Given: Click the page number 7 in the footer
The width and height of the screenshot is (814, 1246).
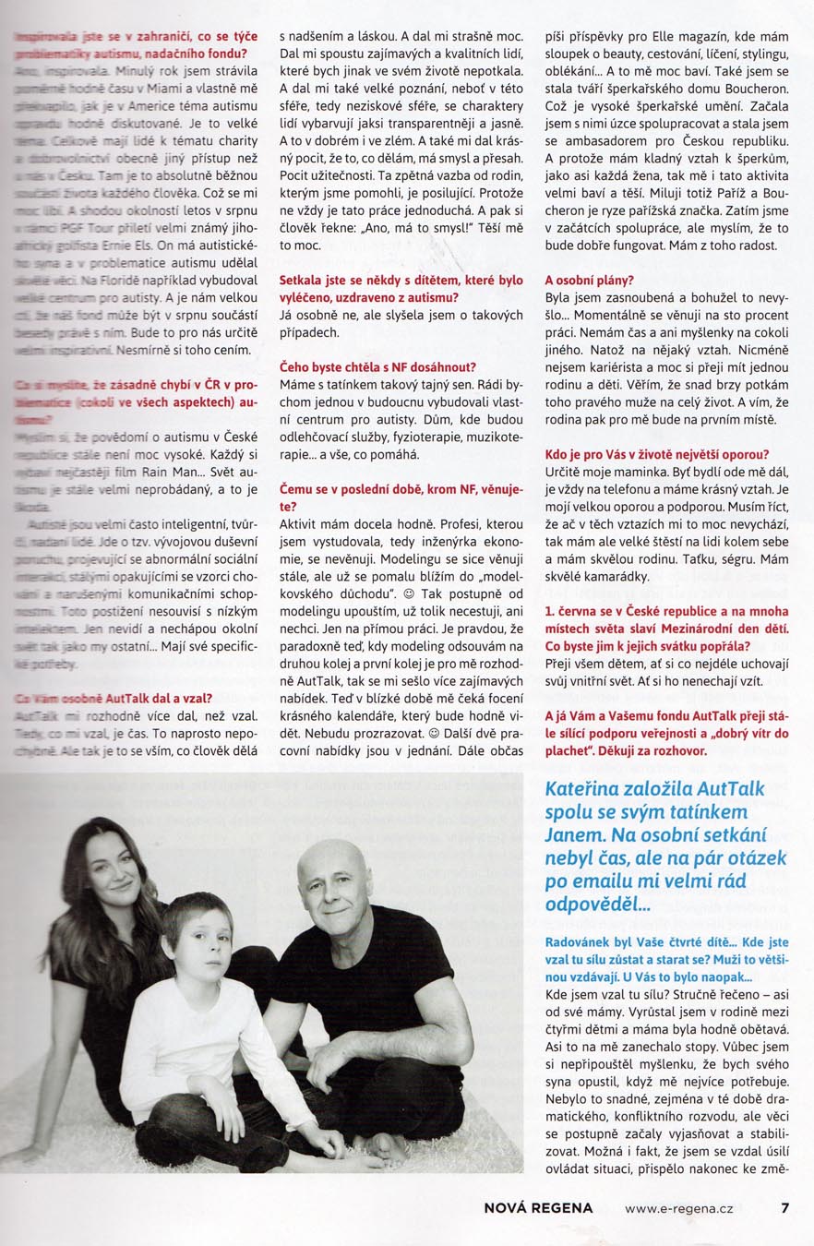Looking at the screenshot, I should click(784, 1206).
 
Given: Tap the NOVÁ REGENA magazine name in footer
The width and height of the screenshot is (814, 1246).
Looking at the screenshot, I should click(538, 1207).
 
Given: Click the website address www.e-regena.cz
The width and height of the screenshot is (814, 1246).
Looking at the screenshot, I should click(680, 1207).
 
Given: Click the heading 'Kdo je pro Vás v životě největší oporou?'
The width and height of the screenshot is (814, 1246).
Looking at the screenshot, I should click(656, 454).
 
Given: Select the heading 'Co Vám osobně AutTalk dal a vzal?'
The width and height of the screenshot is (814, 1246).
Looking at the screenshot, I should click(114, 698).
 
